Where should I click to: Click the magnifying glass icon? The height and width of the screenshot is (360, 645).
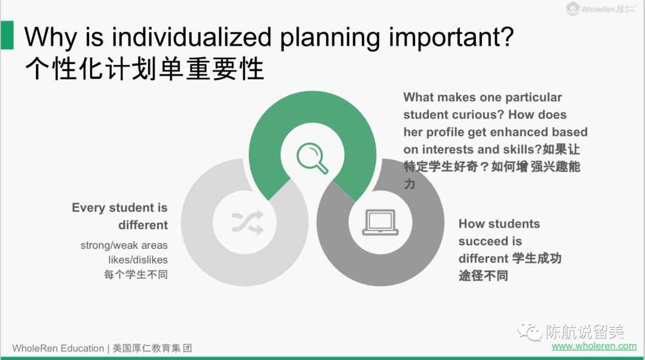pyautogui.click(x=312, y=158)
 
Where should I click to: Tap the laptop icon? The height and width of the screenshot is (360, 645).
pyautogui.click(x=380, y=222)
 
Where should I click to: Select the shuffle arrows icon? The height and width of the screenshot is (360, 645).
pyautogui.click(x=248, y=222)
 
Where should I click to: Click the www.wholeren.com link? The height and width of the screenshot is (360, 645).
pyautogui.click(x=594, y=346)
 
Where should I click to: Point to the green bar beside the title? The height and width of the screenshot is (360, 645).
pyautogui.click(x=7, y=35)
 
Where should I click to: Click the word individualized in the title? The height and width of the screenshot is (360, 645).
pyautogui.click(x=192, y=37)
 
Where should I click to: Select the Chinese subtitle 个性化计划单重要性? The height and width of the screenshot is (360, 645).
pyautogui.click(x=145, y=69)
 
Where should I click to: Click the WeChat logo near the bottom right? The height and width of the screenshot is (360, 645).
pyautogui.click(x=529, y=331)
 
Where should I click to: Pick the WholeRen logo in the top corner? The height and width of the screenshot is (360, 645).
pyautogui.click(x=601, y=8)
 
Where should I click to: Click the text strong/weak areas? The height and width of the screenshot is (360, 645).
pyautogui.click(x=124, y=245)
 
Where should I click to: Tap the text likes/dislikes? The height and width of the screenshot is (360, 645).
pyautogui.click(x=138, y=260)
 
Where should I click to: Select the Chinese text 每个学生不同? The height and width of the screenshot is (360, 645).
pyautogui.click(x=136, y=275)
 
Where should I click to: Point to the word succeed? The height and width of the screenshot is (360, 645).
pyautogui.click(x=477, y=241)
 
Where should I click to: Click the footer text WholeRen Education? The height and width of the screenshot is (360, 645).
pyautogui.click(x=58, y=349)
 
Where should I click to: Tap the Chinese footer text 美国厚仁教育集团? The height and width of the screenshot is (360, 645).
pyautogui.click(x=152, y=349)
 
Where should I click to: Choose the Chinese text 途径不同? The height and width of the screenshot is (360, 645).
pyautogui.click(x=483, y=276)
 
